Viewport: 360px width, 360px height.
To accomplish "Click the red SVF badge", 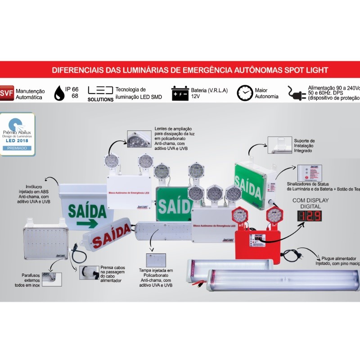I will [x=7, y=93].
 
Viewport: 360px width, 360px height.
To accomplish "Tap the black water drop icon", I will [x=58, y=93].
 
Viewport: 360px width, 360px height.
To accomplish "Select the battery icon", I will [x=180, y=93].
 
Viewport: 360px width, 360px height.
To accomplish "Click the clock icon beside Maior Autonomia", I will [x=245, y=93].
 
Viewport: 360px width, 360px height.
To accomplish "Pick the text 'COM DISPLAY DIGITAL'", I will [x=310, y=203].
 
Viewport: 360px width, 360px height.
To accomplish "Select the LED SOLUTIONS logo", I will [x=100, y=94].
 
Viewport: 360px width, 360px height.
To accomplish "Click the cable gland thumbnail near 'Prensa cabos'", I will [x=88, y=273].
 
